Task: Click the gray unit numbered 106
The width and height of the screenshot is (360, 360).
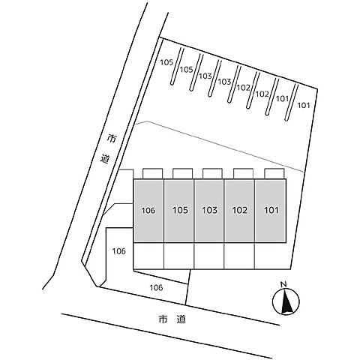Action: click(x=148, y=211)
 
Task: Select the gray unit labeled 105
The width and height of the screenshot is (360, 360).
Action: click(x=179, y=211)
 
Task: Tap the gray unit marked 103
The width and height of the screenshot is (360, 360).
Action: click(x=209, y=211)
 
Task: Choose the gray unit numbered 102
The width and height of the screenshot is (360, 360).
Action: click(x=239, y=211)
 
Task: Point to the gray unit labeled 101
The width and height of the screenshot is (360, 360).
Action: click(x=271, y=211)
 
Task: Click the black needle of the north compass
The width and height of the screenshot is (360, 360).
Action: click(x=286, y=304)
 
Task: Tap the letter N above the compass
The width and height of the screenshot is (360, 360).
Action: click(x=283, y=284)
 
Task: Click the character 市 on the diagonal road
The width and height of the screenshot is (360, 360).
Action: click(x=112, y=138)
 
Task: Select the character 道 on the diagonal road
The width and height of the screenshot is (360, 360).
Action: click(x=105, y=159)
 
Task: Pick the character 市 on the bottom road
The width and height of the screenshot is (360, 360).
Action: click(x=163, y=319)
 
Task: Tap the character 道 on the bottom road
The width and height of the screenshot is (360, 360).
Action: click(x=181, y=319)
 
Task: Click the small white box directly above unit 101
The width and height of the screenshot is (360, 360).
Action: click(x=274, y=174)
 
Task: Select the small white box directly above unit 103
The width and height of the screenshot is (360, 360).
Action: click(x=212, y=174)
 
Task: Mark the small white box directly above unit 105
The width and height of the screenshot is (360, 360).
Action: click(x=182, y=174)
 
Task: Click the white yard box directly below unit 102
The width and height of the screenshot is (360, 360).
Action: click(x=239, y=256)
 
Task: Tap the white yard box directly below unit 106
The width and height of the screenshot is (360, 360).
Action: click(x=148, y=256)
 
